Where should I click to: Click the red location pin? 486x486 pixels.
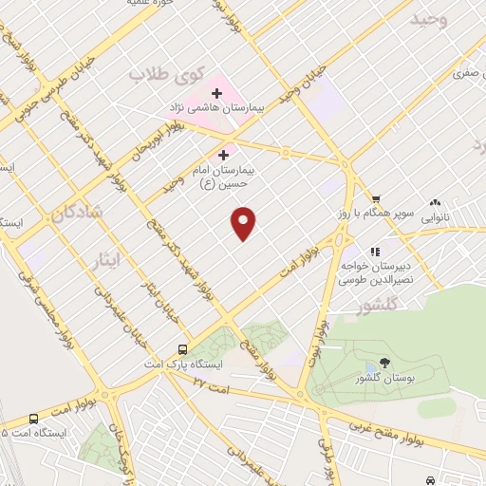tap(244, 222)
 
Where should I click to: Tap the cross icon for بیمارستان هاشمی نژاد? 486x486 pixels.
tap(216, 93)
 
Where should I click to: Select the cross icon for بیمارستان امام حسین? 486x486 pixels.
tap(224, 155)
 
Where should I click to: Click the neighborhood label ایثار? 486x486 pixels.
tap(108, 257)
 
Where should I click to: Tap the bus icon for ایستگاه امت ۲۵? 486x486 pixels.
tap(34, 419)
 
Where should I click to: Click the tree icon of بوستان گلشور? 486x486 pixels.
tap(383, 362)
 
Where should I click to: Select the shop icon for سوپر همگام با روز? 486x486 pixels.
tap(377, 198)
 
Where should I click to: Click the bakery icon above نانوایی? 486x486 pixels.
tap(436, 202)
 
